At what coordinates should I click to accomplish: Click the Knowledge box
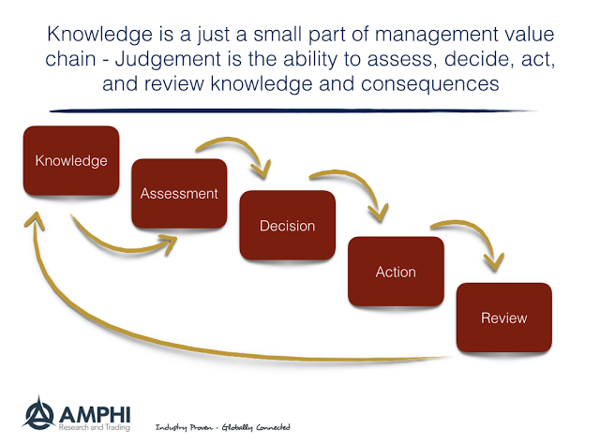click(71, 160)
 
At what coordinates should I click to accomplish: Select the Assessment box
click(179, 194)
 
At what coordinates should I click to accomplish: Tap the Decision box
click(288, 226)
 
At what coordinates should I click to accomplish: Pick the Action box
click(396, 272)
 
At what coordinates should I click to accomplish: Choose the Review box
click(504, 318)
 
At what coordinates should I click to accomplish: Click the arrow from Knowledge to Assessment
click(123, 249)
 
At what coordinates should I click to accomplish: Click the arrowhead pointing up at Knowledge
click(36, 221)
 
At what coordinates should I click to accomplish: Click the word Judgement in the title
click(168, 59)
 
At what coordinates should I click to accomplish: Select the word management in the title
click(436, 36)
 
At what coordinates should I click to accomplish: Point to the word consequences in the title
click(429, 84)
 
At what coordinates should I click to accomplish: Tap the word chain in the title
click(70, 59)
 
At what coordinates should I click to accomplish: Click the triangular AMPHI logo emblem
click(38, 413)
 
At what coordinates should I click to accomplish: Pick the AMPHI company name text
click(95, 415)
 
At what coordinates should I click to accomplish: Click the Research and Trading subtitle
click(94, 427)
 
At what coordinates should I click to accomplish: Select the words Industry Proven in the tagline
click(184, 427)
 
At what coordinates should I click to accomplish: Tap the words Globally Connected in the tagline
click(256, 427)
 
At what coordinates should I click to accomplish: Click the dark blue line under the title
click(292, 111)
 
